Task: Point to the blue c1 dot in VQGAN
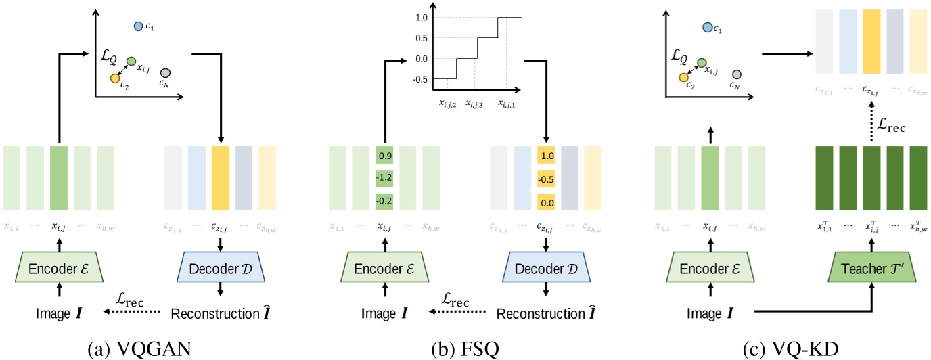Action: coord(139,26)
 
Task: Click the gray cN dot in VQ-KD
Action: coord(737,74)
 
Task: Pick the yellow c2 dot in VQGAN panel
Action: coord(115,78)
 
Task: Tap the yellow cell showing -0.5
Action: coord(547,178)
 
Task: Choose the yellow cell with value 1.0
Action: coord(547,155)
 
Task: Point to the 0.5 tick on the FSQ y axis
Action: coord(422,38)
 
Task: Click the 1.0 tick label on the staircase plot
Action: coord(422,18)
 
